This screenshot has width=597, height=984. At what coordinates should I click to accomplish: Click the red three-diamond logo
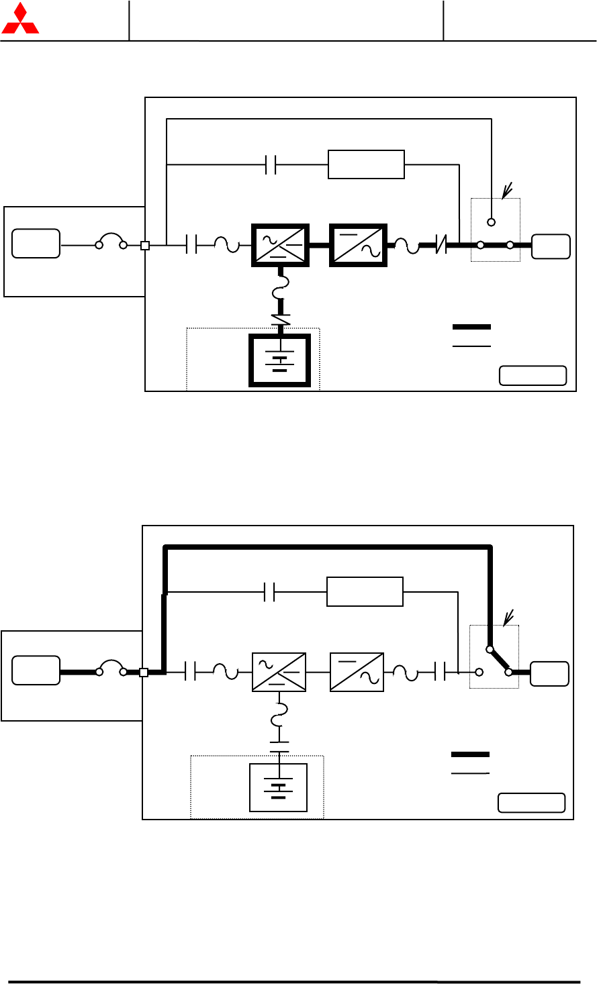pos(20,19)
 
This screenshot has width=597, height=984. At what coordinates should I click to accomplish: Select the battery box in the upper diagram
pos(280,361)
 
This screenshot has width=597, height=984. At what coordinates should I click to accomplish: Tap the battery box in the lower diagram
pos(279,787)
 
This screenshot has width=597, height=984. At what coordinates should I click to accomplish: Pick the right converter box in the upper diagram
pos(359,245)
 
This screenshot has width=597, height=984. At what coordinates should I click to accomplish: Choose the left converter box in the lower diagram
pos(279,672)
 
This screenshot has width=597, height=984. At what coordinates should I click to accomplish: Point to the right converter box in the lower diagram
pos(357,672)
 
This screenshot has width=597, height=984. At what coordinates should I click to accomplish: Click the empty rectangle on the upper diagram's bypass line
pos(366,164)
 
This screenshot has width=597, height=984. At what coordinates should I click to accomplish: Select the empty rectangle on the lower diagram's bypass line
pos(365,591)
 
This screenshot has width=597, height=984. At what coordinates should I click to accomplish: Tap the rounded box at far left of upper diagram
pos(36,243)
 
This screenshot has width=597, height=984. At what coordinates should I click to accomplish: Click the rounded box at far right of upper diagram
pos(551,246)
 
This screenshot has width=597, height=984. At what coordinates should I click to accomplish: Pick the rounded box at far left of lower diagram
pos(36,670)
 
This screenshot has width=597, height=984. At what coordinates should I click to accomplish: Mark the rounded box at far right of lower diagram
pos(549,673)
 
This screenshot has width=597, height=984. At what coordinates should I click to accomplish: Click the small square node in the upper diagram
pos(145,246)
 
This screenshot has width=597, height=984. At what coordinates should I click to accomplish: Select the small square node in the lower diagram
pos(144,673)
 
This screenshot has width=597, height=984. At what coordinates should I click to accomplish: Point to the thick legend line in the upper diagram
pos(471,327)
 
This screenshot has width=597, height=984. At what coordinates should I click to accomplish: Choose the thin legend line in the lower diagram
pos(470,773)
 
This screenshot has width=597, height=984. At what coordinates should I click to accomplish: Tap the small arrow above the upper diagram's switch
pos(507,191)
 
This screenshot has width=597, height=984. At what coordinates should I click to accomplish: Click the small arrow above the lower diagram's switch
pos(508,616)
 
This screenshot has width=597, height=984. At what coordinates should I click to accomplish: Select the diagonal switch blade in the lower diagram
pos(499,660)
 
